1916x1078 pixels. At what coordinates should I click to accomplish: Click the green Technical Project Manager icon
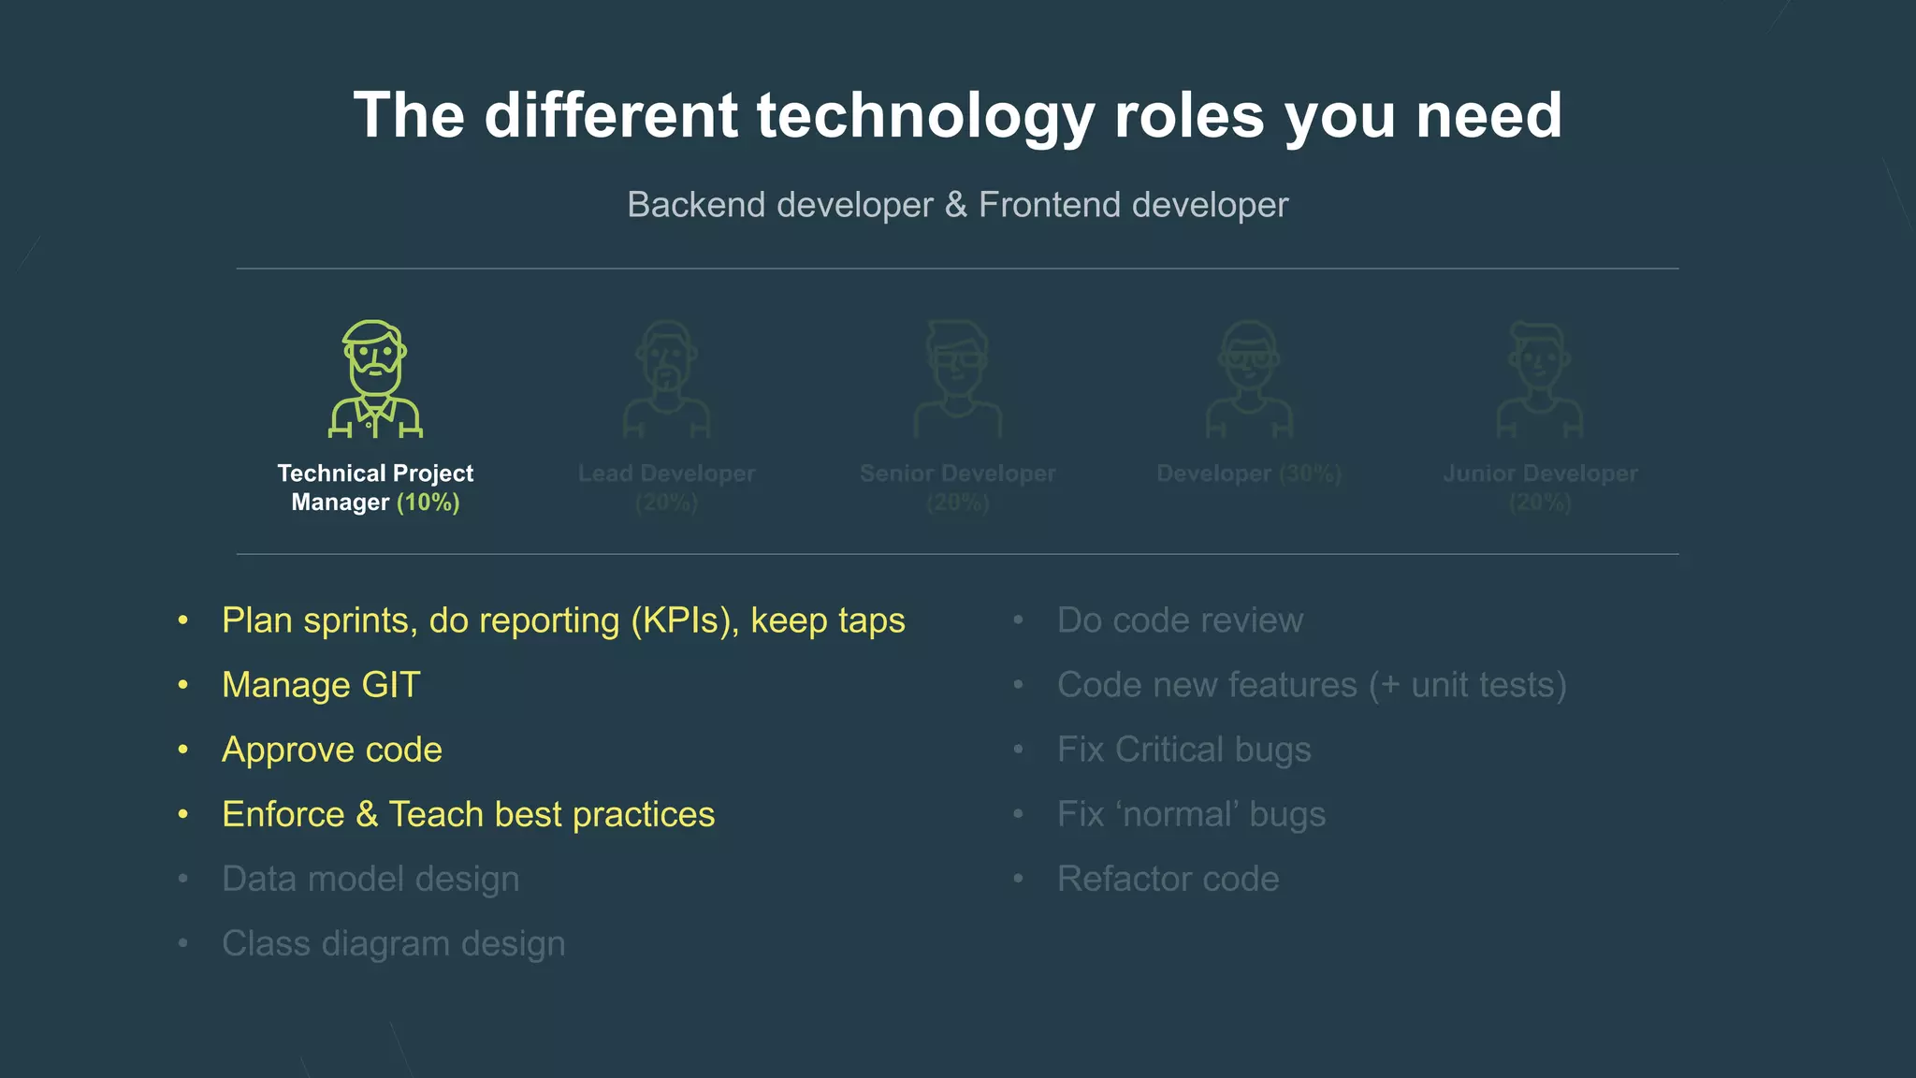(x=375, y=379)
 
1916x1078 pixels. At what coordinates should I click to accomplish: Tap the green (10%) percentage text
(x=428, y=503)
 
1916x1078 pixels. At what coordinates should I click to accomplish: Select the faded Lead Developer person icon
(x=666, y=379)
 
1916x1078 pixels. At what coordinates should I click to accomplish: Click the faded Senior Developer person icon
(x=957, y=379)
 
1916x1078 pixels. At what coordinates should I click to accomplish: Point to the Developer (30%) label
(x=1249, y=473)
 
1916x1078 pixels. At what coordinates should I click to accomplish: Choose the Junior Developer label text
(x=1540, y=473)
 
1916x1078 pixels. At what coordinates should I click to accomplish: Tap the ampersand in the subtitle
(x=955, y=205)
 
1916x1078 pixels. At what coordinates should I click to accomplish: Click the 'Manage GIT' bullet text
(x=321, y=685)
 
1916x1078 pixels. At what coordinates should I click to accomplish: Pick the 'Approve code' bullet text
(x=332, y=750)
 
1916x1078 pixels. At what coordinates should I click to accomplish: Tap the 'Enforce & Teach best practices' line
(x=468, y=814)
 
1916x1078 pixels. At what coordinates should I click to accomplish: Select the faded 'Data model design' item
(x=370, y=879)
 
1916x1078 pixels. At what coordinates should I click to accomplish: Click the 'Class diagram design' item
(x=393, y=943)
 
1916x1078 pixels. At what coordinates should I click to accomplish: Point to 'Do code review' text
(x=1179, y=620)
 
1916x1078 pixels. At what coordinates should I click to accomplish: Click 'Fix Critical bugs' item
(x=1183, y=750)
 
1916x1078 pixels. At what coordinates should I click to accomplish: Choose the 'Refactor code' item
(x=1168, y=879)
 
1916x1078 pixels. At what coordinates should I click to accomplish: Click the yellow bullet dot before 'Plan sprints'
(x=183, y=620)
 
